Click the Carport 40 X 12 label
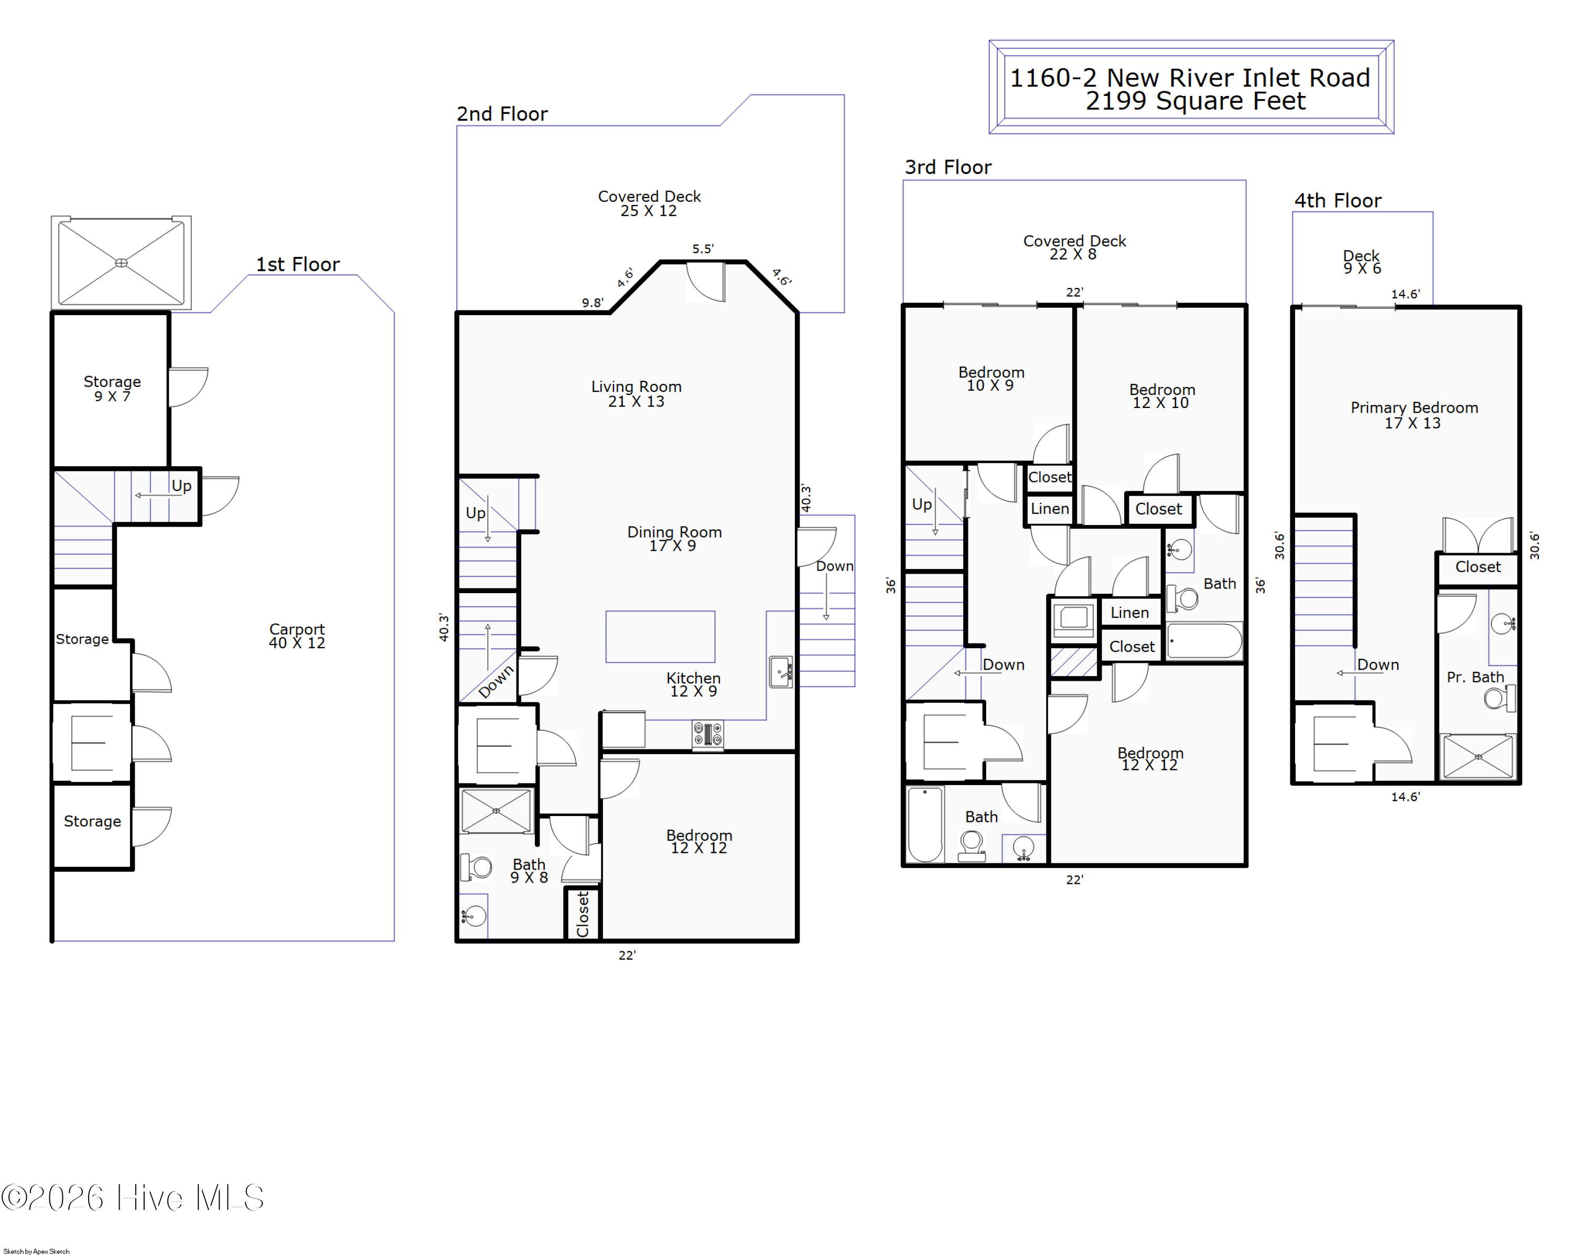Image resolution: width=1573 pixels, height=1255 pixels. [x=297, y=636]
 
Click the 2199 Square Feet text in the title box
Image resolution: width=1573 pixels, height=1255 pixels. [x=1195, y=101]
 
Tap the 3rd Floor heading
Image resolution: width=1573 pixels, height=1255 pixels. [x=948, y=167]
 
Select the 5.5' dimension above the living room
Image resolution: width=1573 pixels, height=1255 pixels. [x=703, y=249]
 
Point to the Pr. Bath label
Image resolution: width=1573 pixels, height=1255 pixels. [x=1475, y=677]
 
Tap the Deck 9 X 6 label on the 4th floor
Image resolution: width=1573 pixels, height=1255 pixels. [x=1361, y=262]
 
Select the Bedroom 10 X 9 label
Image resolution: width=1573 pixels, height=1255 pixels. [x=991, y=379]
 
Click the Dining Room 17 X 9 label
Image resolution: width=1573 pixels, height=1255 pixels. [x=674, y=539]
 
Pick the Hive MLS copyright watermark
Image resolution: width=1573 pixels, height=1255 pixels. [x=133, y=1197]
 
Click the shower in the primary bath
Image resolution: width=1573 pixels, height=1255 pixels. [x=1478, y=757]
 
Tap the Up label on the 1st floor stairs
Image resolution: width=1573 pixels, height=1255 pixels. [x=181, y=486]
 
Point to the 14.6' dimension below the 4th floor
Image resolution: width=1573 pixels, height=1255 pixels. [x=1405, y=797]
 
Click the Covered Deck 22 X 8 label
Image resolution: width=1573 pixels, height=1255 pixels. [x=1074, y=248]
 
